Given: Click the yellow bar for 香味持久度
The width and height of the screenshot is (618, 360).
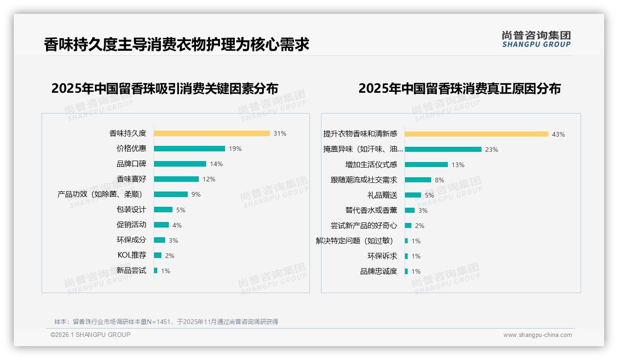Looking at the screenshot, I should pyautogui.click(x=212, y=133).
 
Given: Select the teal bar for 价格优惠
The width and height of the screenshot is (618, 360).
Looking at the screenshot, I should pyautogui.click(x=190, y=149).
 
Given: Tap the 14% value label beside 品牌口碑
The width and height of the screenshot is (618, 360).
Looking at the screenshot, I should pyautogui.click(x=216, y=164).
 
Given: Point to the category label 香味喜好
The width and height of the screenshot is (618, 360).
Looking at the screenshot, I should pyautogui.click(x=131, y=179).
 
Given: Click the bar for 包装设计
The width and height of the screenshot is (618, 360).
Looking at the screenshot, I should pyautogui.click(x=163, y=210).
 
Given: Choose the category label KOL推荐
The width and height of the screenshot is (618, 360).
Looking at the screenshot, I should pyautogui.click(x=132, y=255).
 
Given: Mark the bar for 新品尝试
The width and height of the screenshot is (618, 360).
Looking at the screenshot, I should pyautogui.click(x=156, y=270).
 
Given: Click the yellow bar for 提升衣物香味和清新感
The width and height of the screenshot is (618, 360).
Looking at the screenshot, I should pyautogui.click(x=476, y=134).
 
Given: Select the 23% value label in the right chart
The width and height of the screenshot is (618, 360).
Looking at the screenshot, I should pyautogui.click(x=492, y=150).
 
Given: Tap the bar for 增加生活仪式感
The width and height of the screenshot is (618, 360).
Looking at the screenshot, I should pyautogui.click(x=426, y=165).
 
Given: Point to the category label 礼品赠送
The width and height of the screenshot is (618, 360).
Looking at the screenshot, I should pyautogui.click(x=382, y=195).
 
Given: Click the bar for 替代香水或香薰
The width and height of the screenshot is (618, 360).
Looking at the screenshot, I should pyautogui.click(x=410, y=210).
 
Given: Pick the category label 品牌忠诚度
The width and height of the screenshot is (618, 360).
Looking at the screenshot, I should pyautogui.click(x=379, y=271).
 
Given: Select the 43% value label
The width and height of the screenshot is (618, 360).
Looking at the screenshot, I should pyautogui.click(x=559, y=134).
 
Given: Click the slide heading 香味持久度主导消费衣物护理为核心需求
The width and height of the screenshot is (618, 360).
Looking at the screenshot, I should pyautogui.click(x=177, y=45).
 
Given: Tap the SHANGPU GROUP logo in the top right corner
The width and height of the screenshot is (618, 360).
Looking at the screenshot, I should pyautogui.click(x=536, y=39).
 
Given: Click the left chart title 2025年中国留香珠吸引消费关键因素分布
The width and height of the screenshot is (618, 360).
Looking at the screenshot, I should pyautogui.click(x=165, y=89).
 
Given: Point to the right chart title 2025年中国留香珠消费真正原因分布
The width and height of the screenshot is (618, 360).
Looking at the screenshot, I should pyautogui.click(x=459, y=89).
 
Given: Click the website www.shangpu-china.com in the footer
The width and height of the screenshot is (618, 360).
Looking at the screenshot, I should pyautogui.click(x=537, y=335).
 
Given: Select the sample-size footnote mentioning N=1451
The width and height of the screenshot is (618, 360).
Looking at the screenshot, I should pyautogui.click(x=166, y=322).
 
